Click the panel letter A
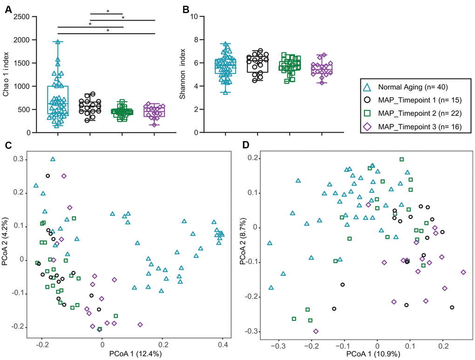(x=8, y=9)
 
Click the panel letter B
(x=185, y=9)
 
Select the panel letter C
(x=8, y=144)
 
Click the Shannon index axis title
(x=183, y=75)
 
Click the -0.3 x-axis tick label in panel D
(x=278, y=346)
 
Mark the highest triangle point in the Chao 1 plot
(x=58, y=42)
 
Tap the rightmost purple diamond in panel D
(x=463, y=272)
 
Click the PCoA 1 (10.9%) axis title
(x=364, y=355)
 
